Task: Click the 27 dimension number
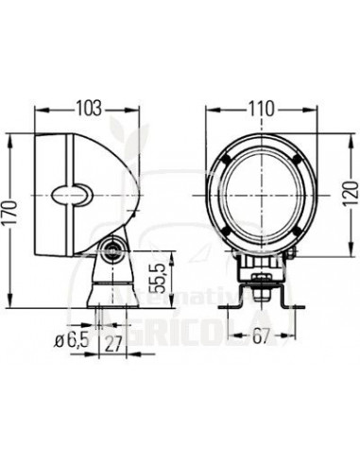tap(113, 341)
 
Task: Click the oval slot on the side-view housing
tap(71, 197)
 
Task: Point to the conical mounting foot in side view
tap(106, 284)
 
